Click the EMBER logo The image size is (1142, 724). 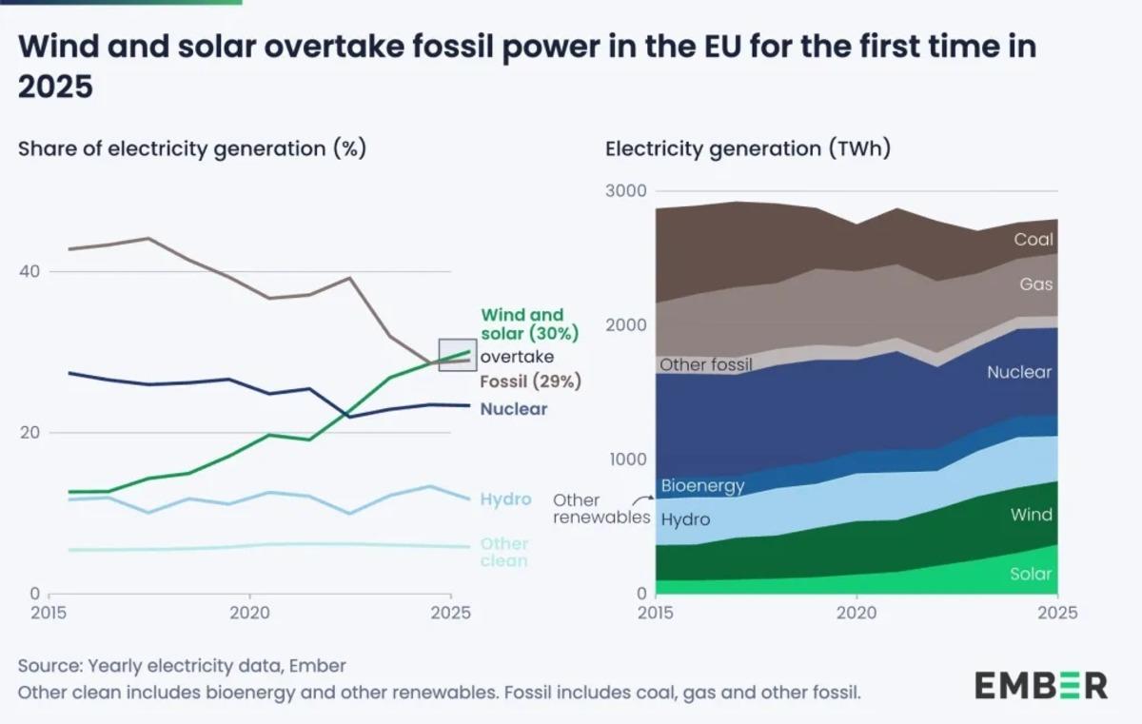pyautogui.click(x=1040, y=685)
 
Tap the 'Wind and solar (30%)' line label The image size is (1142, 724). pyautogui.click(x=529, y=324)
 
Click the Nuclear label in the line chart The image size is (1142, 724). pyautogui.click(x=514, y=409)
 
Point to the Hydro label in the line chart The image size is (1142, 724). pyautogui.click(x=505, y=499)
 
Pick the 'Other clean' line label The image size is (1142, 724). pyautogui.click(x=504, y=553)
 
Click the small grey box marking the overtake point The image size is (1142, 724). pyautogui.click(x=457, y=355)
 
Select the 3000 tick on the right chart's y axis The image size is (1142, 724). pyautogui.click(x=626, y=191)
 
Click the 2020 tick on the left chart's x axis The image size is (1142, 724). pyautogui.click(x=249, y=614)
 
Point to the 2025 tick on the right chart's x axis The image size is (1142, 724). pyautogui.click(x=1056, y=614)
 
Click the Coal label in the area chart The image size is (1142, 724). pyautogui.click(x=1034, y=240)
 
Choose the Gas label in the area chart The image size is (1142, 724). pyautogui.click(x=1035, y=284)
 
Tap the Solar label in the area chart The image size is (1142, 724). pyautogui.click(x=1031, y=574)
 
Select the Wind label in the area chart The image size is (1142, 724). pyautogui.click(x=1032, y=515)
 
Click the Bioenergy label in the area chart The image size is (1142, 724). pyautogui.click(x=702, y=486)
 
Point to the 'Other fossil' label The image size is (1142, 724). pyautogui.click(x=706, y=364)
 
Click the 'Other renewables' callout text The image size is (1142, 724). pyautogui.click(x=601, y=509)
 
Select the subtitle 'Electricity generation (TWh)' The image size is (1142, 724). pyautogui.click(x=748, y=149)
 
